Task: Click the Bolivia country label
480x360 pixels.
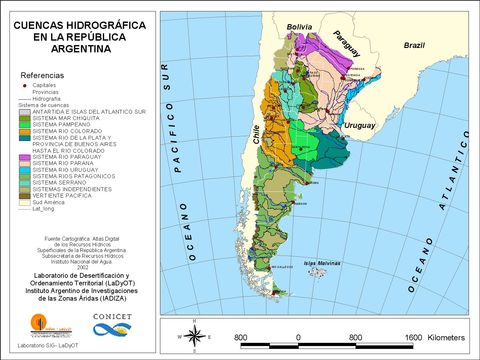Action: click(x=299, y=26)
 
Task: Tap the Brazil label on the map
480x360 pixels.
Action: click(x=414, y=46)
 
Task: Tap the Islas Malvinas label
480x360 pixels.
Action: click(x=323, y=263)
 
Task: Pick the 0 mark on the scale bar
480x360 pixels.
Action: click(x=298, y=337)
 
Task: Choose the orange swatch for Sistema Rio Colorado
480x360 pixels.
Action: click(x=25, y=130)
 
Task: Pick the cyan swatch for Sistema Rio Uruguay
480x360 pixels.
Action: click(x=25, y=170)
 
